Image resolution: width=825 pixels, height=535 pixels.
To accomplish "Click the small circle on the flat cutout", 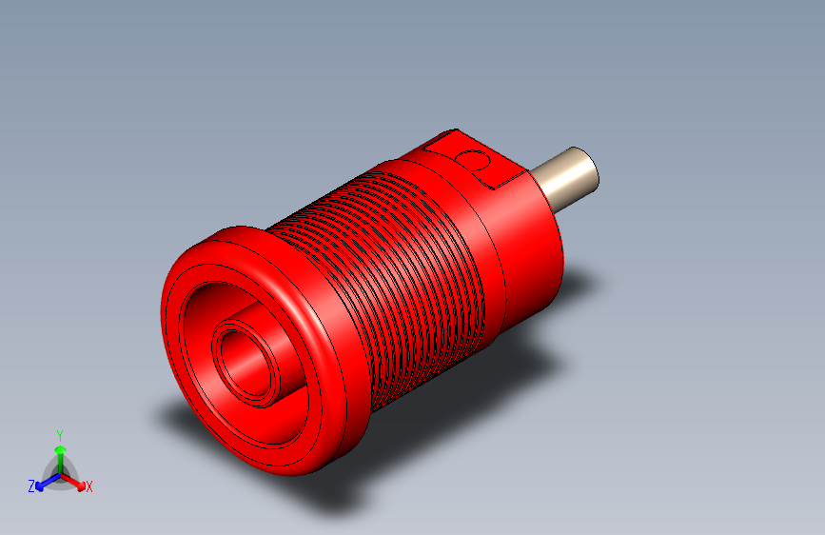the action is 473,161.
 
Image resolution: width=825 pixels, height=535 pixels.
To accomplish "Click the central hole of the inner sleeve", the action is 246,364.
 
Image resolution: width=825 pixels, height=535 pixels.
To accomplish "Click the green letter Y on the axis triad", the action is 60,436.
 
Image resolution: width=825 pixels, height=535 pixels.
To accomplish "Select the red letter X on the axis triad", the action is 88,486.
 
